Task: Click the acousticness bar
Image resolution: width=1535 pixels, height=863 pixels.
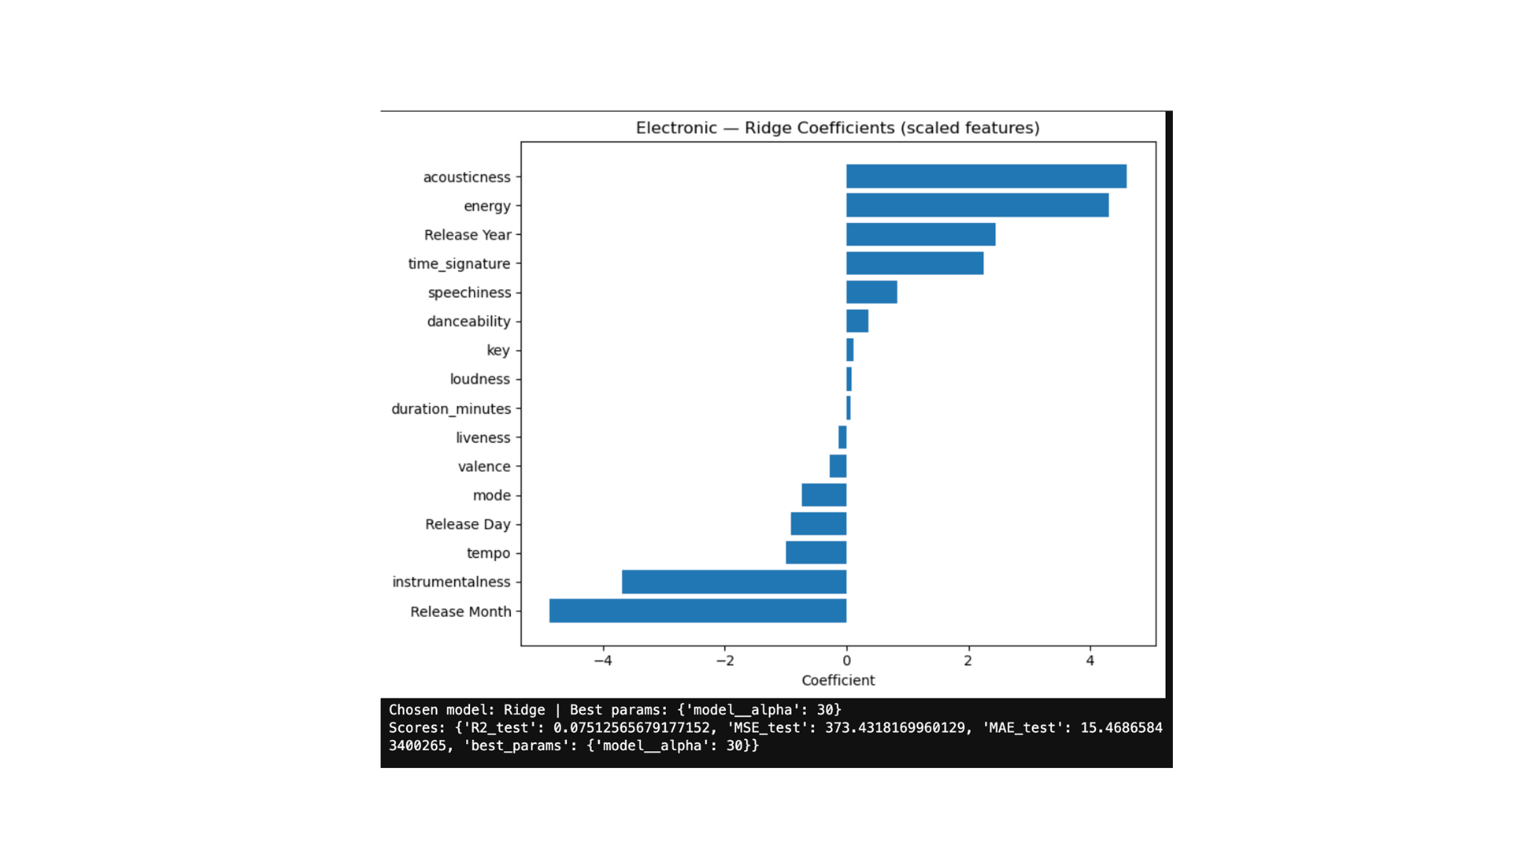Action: pos(986,177)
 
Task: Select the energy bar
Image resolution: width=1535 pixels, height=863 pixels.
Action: pos(977,205)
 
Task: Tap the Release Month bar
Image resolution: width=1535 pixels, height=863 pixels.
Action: pos(697,610)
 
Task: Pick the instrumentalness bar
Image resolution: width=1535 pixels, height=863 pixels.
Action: pos(734,582)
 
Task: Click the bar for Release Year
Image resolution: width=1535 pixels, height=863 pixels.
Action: pos(920,234)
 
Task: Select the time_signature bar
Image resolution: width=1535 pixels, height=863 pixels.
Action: pos(915,263)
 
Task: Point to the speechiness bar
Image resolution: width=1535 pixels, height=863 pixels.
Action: pos(871,292)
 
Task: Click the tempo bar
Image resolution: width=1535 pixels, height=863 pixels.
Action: pos(815,553)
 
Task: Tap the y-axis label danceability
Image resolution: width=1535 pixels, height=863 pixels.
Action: pos(468,321)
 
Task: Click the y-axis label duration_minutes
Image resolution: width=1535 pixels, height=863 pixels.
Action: pos(451,408)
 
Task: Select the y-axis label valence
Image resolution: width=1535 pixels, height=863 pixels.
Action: pos(484,467)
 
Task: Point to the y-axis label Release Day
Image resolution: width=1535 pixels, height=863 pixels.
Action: pos(468,524)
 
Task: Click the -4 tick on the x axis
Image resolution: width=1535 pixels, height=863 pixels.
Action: pos(603,661)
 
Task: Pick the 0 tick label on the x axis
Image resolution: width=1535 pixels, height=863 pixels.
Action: pos(847,661)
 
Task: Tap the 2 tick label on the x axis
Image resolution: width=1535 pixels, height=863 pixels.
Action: pos(968,661)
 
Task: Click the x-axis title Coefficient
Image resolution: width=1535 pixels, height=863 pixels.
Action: pos(838,680)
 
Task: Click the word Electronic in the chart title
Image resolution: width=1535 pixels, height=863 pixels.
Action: pos(676,128)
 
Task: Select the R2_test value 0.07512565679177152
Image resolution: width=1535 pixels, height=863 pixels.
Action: pos(632,728)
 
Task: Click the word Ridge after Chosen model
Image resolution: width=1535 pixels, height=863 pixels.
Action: pos(524,710)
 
